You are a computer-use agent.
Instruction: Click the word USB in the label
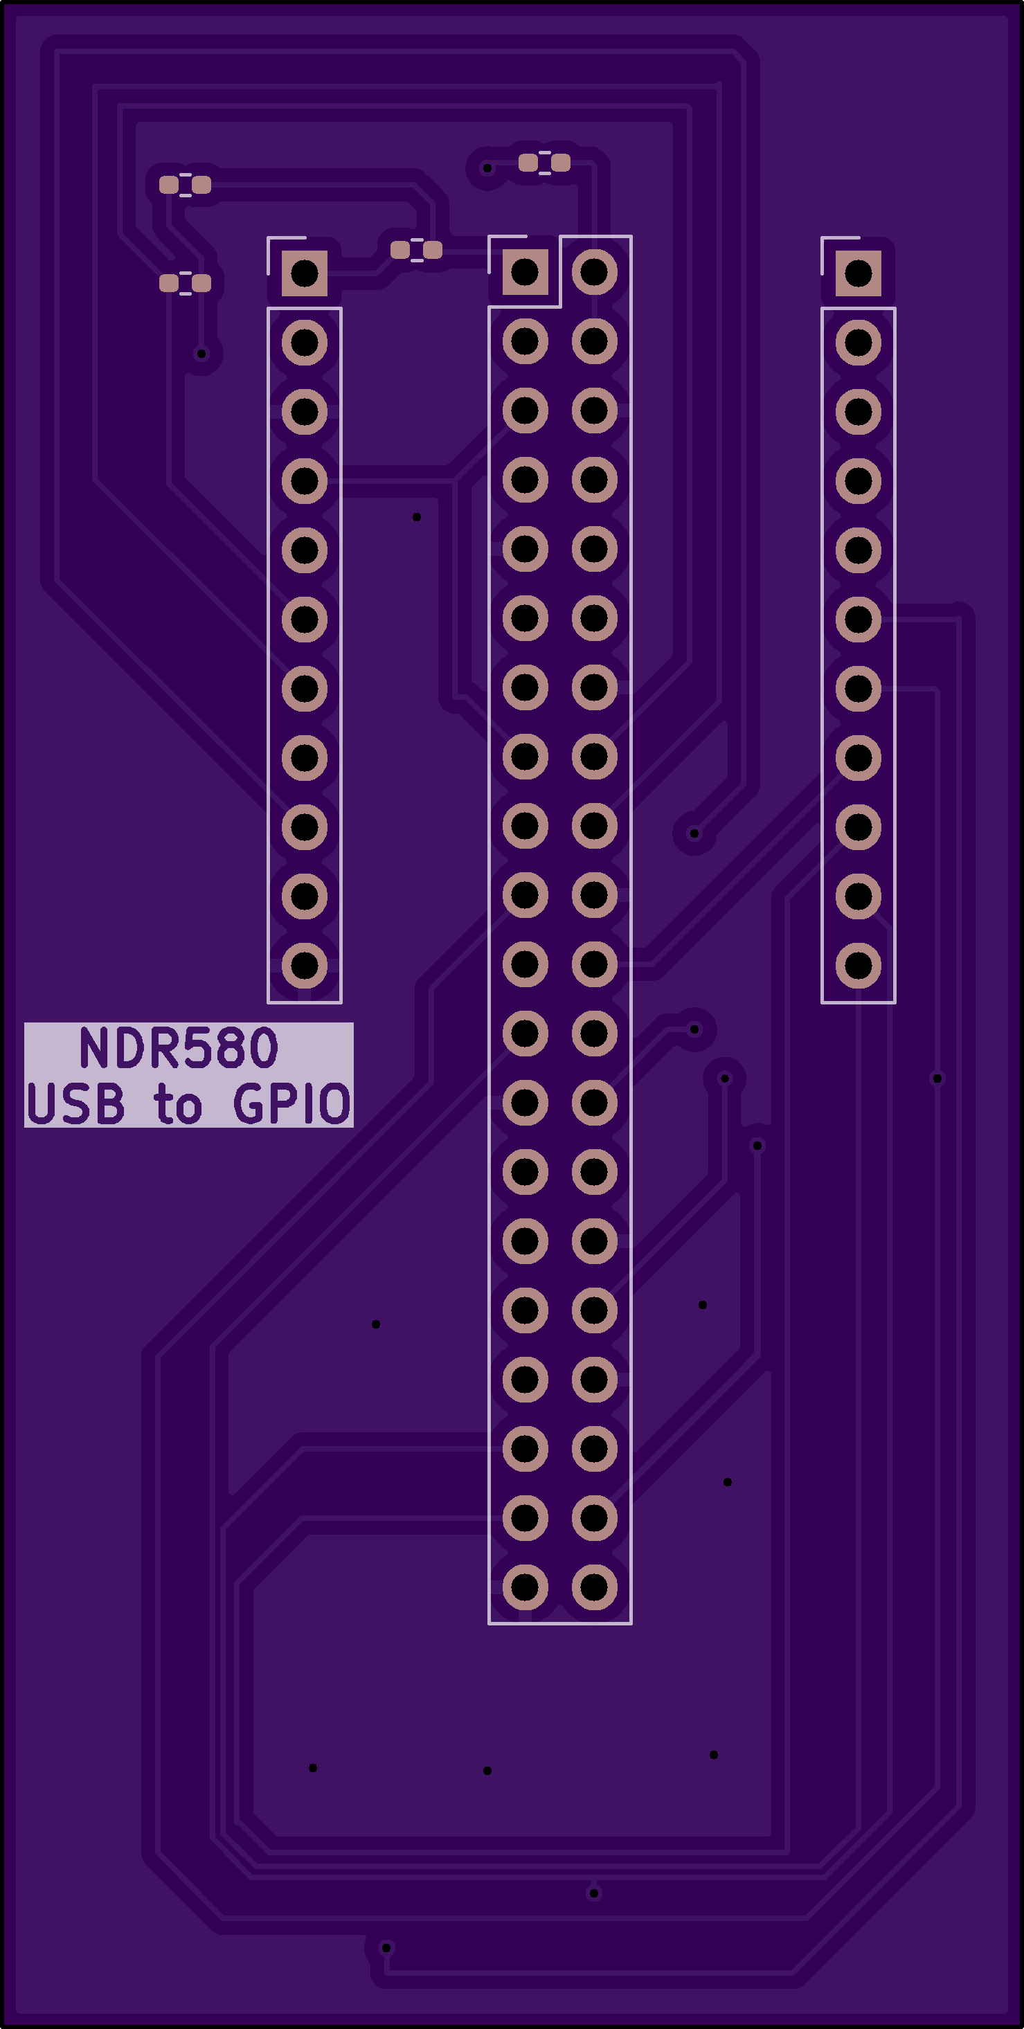click(x=75, y=1103)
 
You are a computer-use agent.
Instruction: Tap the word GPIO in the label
click(x=291, y=1103)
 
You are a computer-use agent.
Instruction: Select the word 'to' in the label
click(x=178, y=1103)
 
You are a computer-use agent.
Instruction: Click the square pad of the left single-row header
click(x=305, y=273)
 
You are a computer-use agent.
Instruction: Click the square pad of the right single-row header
click(x=859, y=273)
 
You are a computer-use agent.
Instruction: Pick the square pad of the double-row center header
click(x=526, y=272)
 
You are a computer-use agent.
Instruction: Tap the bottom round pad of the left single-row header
click(x=305, y=966)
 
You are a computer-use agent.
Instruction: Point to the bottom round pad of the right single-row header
click(x=859, y=966)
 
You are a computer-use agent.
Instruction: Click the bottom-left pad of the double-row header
click(x=526, y=1587)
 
